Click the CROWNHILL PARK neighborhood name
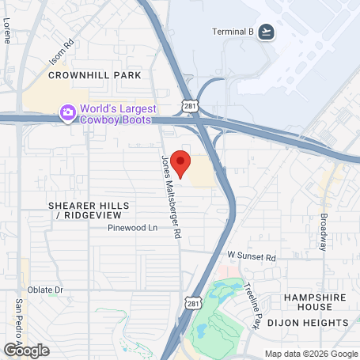pyautogui.click(x=94, y=75)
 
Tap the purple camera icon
pyautogui.click(x=68, y=114)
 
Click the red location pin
pyautogui.click(x=180, y=164)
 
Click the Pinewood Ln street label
pyautogui.click(x=134, y=227)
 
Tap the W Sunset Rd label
pyautogui.click(x=251, y=257)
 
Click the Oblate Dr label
pyautogui.click(x=45, y=290)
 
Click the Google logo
pyautogui.click(x=25, y=349)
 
